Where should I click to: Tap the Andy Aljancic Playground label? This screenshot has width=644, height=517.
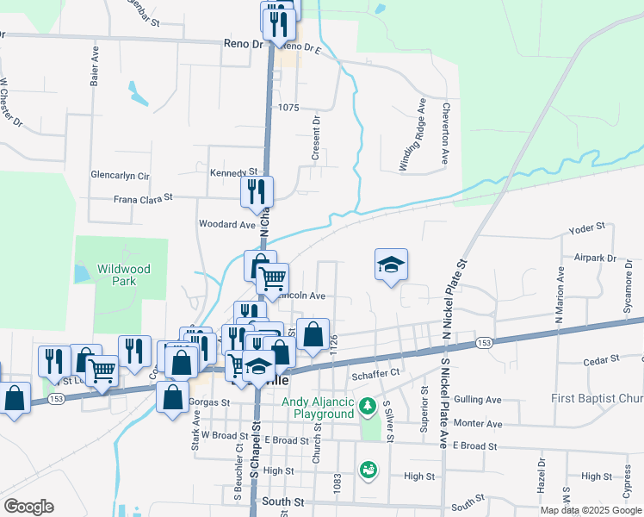318,408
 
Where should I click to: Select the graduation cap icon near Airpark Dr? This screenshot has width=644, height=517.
391,265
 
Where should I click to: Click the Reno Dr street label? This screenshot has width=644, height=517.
242,42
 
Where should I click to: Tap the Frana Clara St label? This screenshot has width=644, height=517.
144,197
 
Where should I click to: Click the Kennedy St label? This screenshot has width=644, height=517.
234,172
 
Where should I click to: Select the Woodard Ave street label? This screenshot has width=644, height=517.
227,224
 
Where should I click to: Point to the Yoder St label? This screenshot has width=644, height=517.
588,230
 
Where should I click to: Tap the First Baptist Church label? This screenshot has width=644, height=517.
598,399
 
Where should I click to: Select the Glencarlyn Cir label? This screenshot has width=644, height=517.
120,175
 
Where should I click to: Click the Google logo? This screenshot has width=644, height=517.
28,507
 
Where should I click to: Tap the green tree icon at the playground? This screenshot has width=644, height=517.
368,405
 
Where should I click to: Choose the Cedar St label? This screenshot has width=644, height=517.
602,359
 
